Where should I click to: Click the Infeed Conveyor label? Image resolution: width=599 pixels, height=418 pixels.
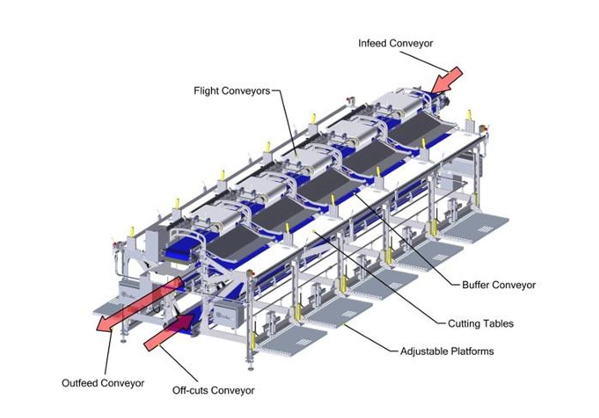[x=395, y=43]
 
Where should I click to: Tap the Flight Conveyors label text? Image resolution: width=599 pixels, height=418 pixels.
[x=232, y=91]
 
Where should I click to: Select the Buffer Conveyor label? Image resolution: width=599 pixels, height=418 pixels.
[x=499, y=285]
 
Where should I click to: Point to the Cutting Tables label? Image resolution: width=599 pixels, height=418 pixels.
[x=481, y=324]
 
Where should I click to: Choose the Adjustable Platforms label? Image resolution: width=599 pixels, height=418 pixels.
[x=447, y=351]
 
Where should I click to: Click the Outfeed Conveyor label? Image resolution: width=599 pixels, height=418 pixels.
[x=103, y=383]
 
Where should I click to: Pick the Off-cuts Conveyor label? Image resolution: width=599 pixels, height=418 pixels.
[x=214, y=391]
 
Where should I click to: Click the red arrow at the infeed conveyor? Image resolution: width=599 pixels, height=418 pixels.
[x=447, y=80]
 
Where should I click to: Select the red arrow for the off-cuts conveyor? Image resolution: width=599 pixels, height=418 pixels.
[x=169, y=332]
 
